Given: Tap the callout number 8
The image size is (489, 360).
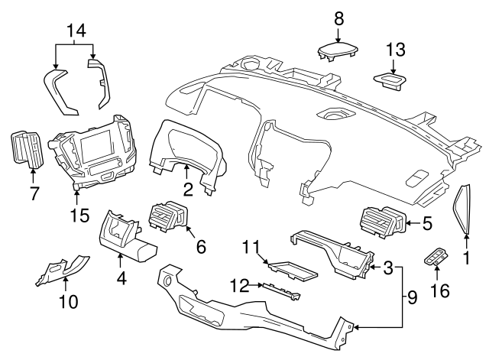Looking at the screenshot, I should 338,16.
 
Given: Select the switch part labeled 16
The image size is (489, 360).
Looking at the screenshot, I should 436,260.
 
